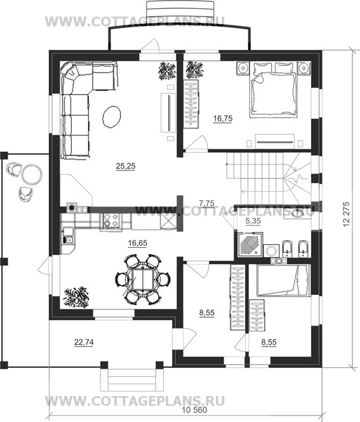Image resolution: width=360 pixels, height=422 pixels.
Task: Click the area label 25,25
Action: point(126,167)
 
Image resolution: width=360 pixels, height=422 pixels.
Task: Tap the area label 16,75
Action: point(223,118)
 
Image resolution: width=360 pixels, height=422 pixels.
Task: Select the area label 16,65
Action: point(138,243)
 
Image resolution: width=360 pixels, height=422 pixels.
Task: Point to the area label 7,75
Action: point(207,203)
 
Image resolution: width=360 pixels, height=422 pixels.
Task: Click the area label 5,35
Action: point(253,221)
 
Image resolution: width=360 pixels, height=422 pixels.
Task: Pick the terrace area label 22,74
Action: point(84,342)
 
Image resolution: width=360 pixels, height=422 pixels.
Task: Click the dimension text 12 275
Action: point(347,214)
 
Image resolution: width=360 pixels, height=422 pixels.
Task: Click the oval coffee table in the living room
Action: point(112,117)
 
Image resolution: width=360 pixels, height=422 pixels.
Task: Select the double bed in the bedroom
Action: point(274,90)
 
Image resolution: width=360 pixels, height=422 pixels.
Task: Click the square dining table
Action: point(143,279)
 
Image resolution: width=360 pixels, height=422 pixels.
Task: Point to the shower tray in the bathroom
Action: point(250,245)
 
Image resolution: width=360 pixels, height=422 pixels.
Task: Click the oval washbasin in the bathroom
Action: point(297,213)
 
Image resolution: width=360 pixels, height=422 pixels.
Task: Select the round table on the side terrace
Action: point(32,174)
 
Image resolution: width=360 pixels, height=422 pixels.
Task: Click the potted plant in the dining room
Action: point(76,297)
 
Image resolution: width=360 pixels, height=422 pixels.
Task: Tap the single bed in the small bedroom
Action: point(283,280)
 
